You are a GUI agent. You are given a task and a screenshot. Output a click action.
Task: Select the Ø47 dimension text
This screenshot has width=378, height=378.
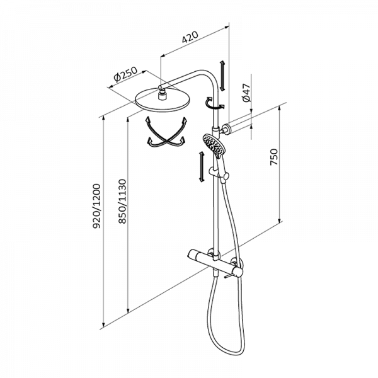point(246,93)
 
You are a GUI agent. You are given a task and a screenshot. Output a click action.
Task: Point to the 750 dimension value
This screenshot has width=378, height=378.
point(273,157)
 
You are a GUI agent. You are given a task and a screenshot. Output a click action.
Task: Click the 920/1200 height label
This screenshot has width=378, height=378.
point(96,205)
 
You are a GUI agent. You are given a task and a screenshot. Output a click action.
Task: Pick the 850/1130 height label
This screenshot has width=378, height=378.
point(122,201)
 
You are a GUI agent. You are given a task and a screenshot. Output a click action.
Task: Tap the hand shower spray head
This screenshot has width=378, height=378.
point(213,146)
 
